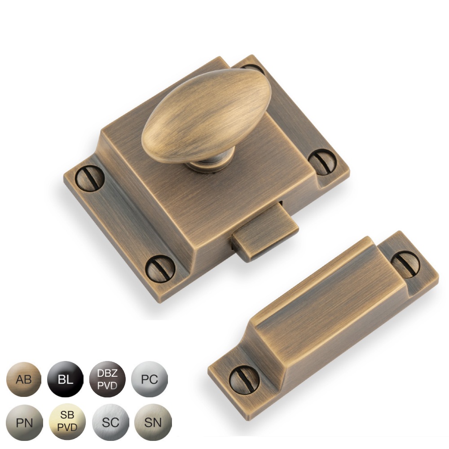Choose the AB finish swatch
(23, 380)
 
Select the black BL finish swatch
(66, 380)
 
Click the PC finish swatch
(150, 380)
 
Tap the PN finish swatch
(23, 423)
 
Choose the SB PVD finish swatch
(66, 423)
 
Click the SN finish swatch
(150, 423)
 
